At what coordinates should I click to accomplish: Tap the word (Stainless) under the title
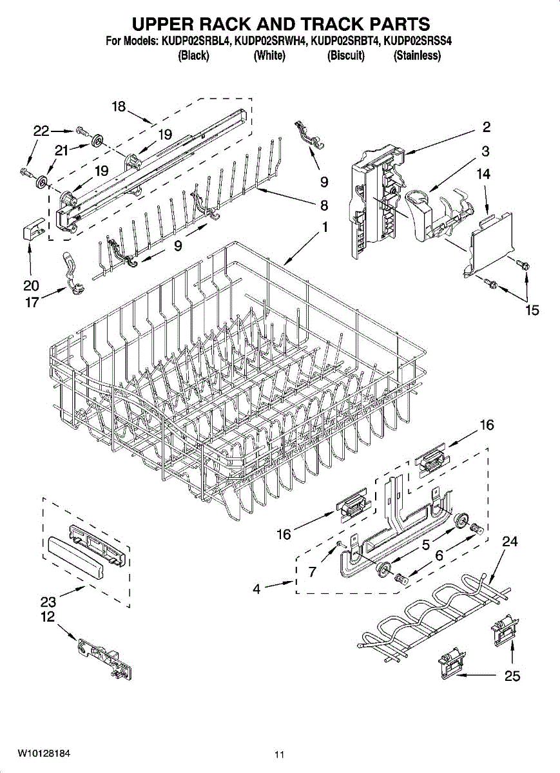pyautogui.click(x=417, y=56)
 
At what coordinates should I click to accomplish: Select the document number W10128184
pyautogui.click(x=44, y=753)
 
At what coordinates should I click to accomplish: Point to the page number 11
pyautogui.click(x=279, y=754)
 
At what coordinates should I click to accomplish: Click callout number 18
pyautogui.click(x=119, y=107)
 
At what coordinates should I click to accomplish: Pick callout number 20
pyautogui.click(x=31, y=285)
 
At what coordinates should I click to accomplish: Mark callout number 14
pyautogui.click(x=483, y=174)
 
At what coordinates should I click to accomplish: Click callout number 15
pyautogui.click(x=532, y=310)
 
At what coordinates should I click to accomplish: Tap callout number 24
pyautogui.click(x=509, y=542)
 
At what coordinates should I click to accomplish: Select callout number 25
pyautogui.click(x=512, y=676)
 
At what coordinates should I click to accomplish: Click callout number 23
pyautogui.click(x=48, y=602)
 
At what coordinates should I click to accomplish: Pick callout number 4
pyautogui.click(x=256, y=588)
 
